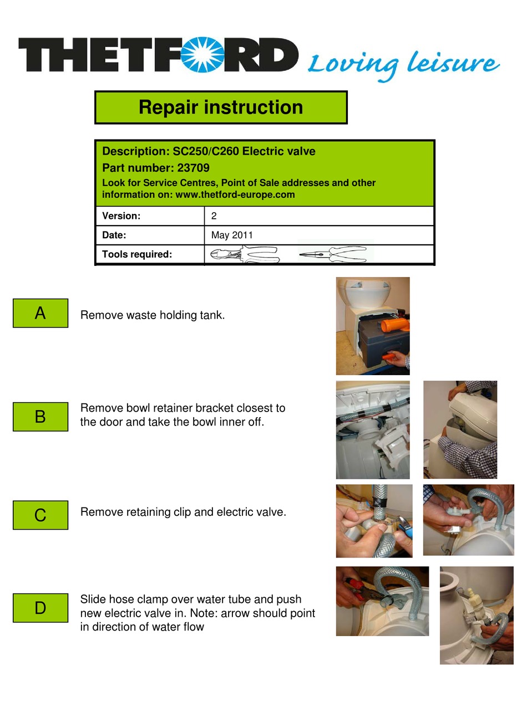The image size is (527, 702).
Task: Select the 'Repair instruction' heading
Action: coord(221,107)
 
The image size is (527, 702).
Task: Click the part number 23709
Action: coord(193,168)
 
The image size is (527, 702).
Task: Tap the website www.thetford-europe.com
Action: coord(235,194)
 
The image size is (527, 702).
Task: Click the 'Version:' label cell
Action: coord(150,216)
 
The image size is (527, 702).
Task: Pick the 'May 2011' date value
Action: coord(232,235)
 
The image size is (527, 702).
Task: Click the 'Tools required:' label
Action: coord(137,254)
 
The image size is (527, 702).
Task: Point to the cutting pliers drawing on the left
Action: coord(245,255)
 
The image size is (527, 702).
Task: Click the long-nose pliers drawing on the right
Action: coord(334,254)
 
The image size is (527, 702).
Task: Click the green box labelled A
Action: coord(40,314)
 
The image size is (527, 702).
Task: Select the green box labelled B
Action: coord(40,417)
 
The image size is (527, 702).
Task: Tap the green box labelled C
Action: coord(40,515)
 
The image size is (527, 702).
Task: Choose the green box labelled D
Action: coord(40,608)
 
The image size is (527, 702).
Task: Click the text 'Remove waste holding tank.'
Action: coord(153,315)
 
